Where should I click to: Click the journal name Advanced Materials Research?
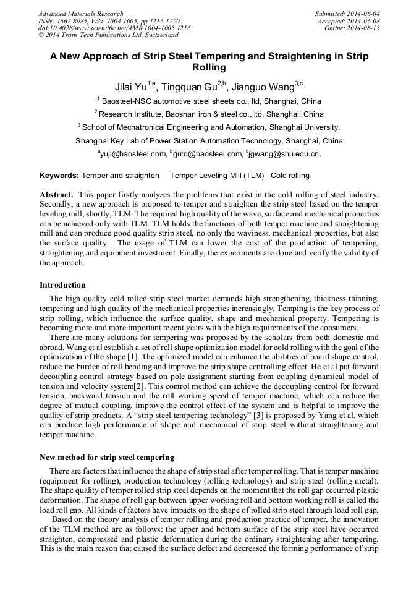point(80,14)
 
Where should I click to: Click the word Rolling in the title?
point(209,68)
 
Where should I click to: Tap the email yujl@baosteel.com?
point(133,154)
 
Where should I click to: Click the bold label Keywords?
point(59,176)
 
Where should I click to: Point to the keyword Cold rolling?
point(290,176)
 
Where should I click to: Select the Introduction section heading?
point(62,285)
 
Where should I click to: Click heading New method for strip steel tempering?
point(107,458)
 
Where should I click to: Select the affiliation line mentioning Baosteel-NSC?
point(209,101)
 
